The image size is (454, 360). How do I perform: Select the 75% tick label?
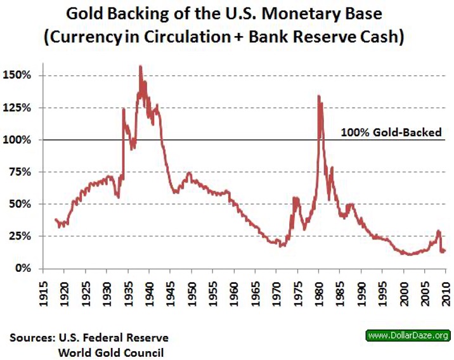click(25, 172)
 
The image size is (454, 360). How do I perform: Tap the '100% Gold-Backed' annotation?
click(391, 132)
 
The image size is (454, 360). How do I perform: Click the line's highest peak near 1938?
click(140, 66)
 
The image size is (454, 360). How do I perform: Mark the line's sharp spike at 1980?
click(318, 96)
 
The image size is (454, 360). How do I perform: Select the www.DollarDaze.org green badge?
click(408, 335)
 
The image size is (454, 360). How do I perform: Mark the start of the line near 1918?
click(55, 219)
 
